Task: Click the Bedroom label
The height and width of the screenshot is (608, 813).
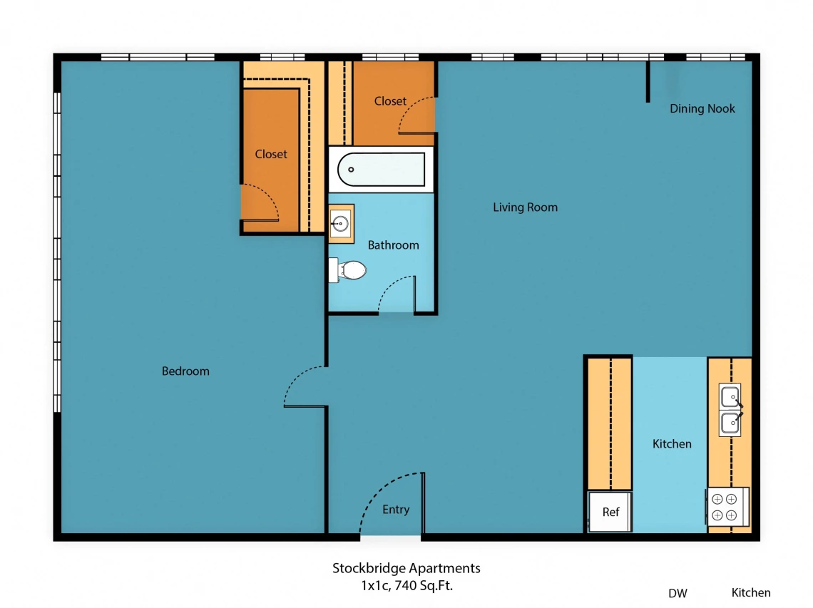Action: (185, 371)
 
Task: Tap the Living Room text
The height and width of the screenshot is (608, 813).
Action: (525, 207)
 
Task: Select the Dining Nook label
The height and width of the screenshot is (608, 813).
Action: (702, 108)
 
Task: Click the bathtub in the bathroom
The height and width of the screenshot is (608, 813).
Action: (381, 170)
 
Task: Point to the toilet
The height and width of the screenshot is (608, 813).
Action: (347, 270)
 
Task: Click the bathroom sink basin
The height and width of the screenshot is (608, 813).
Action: (341, 224)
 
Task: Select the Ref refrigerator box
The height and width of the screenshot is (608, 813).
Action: (610, 512)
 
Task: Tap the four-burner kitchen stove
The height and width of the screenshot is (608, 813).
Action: (727, 506)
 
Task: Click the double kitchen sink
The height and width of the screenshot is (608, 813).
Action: (730, 409)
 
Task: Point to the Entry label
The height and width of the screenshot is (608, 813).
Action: (396, 510)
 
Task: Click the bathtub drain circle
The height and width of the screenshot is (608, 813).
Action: (351, 170)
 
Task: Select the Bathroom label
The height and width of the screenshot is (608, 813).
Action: (393, 245)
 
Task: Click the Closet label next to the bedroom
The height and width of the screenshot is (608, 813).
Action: (271, 154)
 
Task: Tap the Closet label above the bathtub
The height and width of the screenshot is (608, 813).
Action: (390, 101)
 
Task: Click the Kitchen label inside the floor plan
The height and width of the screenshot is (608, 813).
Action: (672, 443)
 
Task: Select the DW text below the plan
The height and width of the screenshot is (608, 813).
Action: (677, 594)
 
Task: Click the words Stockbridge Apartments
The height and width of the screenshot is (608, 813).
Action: (406, 568)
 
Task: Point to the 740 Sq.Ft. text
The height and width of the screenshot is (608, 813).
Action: (424, 586)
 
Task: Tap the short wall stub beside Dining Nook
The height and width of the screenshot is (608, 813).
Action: (648, 82)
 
